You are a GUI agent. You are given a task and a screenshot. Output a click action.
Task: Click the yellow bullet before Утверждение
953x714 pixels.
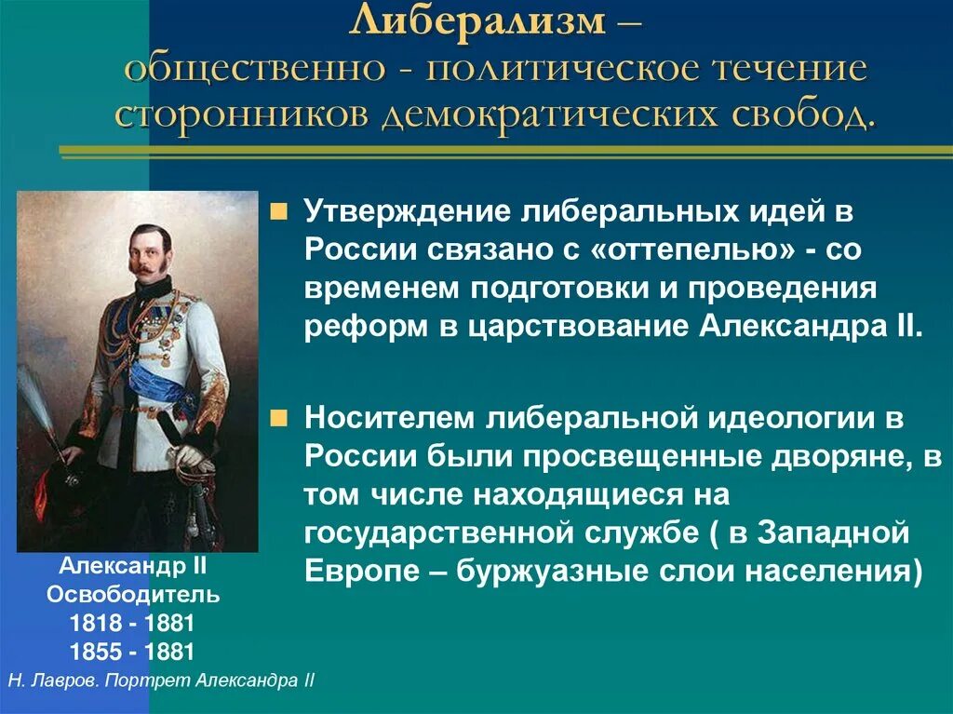tap(276, 212)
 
